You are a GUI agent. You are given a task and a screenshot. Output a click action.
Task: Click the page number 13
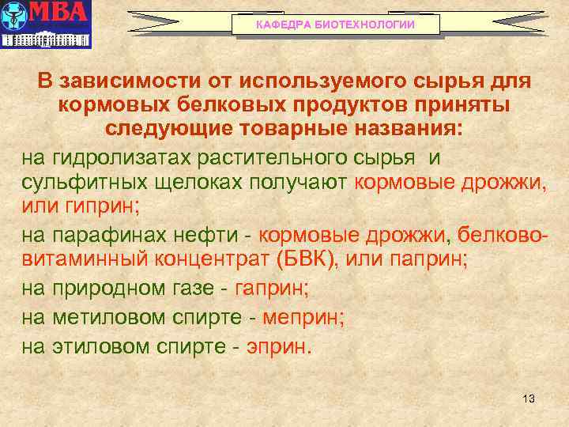(x=529, y=399)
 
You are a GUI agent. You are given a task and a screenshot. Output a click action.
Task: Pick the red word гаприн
(x=271, y=289)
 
